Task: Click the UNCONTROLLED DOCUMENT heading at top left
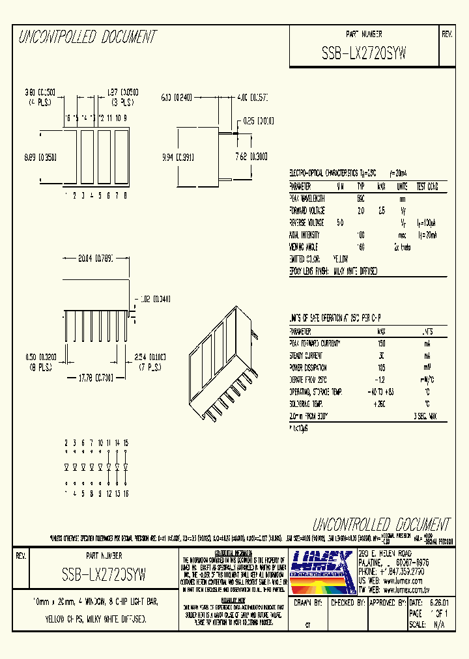87,37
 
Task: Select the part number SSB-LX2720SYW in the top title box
363,55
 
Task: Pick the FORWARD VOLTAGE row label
307,210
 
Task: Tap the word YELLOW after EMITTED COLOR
341,259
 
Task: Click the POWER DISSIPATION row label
311,367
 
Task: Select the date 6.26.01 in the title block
439,603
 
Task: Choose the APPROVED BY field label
386,603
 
